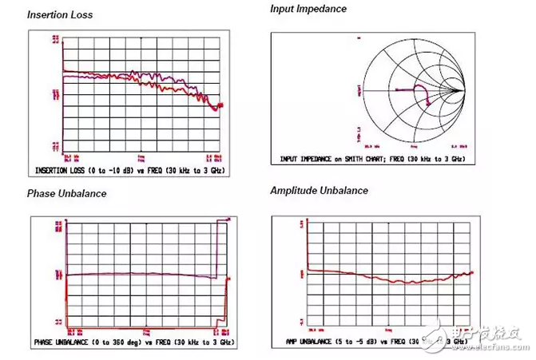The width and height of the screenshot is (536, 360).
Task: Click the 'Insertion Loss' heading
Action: [x=59, y=15]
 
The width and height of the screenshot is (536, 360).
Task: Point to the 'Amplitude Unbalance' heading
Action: [x=319, y=190]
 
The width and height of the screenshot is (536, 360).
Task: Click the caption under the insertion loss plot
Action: [x=130, y=171]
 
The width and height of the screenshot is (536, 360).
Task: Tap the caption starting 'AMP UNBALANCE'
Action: [x=375, y=342]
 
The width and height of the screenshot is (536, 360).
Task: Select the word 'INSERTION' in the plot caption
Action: [x=57, y=171]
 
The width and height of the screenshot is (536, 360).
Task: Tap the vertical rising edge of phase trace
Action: [x=216, y=247]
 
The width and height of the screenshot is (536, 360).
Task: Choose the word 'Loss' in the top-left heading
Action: [x=80, y=15]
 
